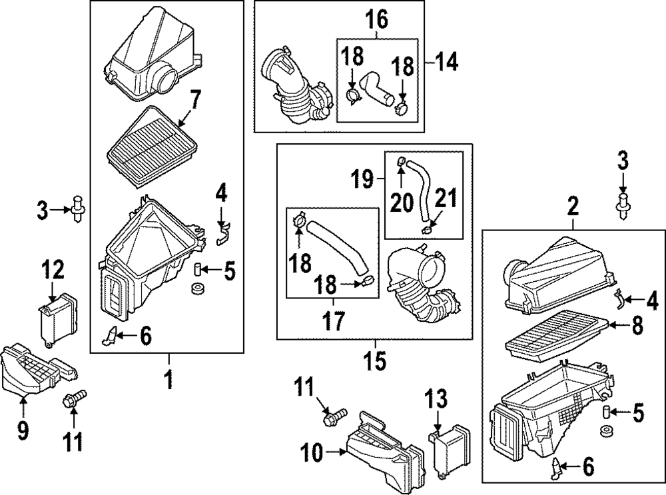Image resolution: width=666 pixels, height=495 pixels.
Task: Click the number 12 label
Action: [x=53, y=270]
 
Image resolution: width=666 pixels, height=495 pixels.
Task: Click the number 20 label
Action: [x=402, y=202]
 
